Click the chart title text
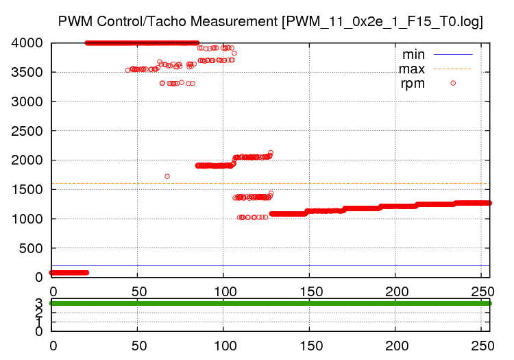pyautogui.click(x=270, y=21)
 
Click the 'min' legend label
pyautogui.click(x=413, y=53)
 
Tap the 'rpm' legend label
pyautogui.click(x=413, y=84)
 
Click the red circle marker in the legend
pyautogui.click(x=453, y=83)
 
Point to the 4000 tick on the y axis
pyautogui.click(x=27, y=43)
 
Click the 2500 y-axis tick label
pyautogui.click(x=27, y=131)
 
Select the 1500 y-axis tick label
pyautogui.click(x=27, y=189)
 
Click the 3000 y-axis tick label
pyautogui.click(x=27, y=101)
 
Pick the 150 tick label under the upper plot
pyautogui.click(x=309, y=290)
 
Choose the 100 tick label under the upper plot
pyautogui.click(x=223, y=290)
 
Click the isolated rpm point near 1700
pyautogui.click(x=167, y=176)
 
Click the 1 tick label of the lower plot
pyautogui.click(x=38, y=322)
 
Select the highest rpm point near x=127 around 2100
pyautogui.click(x=271, y=153)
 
